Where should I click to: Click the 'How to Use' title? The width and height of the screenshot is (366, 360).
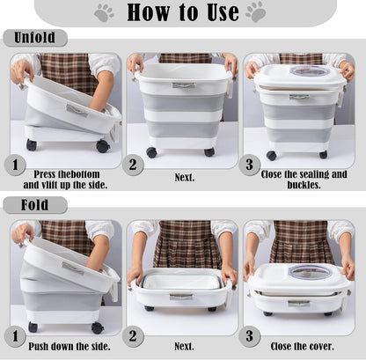tap(183, 12)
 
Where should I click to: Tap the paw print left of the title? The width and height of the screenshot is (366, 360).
tap(104, 13)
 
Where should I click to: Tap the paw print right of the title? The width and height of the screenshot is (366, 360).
tap(256, 12)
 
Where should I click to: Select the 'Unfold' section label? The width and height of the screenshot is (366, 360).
tap(34, 38)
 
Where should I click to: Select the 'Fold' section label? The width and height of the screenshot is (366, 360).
tap(34, 204)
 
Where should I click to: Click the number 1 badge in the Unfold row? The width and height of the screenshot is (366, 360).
tap(15, 165)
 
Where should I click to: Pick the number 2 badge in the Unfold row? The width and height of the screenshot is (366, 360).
tap(133, 165)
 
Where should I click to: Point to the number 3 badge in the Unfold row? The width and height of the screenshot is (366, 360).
tap(249, 165)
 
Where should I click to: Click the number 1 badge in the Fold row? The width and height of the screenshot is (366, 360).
tap(15, 336)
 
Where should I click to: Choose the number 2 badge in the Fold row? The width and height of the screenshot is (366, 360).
tap(133, 336)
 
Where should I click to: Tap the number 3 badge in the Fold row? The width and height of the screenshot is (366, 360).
tap(249, 336)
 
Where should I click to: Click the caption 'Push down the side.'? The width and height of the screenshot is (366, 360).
tap(70, 347)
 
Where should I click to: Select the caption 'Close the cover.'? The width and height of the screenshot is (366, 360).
tap(303, 347)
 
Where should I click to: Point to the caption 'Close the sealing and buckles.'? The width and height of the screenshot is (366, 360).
tap(304, 180)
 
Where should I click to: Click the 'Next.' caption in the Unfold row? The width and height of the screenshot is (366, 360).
tap(185, 177)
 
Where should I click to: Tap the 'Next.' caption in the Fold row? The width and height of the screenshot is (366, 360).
tap(185, 346)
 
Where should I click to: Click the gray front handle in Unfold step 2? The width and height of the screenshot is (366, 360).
tap(184, 85)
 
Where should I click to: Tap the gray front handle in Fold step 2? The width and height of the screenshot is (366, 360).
tap(181, 297)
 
